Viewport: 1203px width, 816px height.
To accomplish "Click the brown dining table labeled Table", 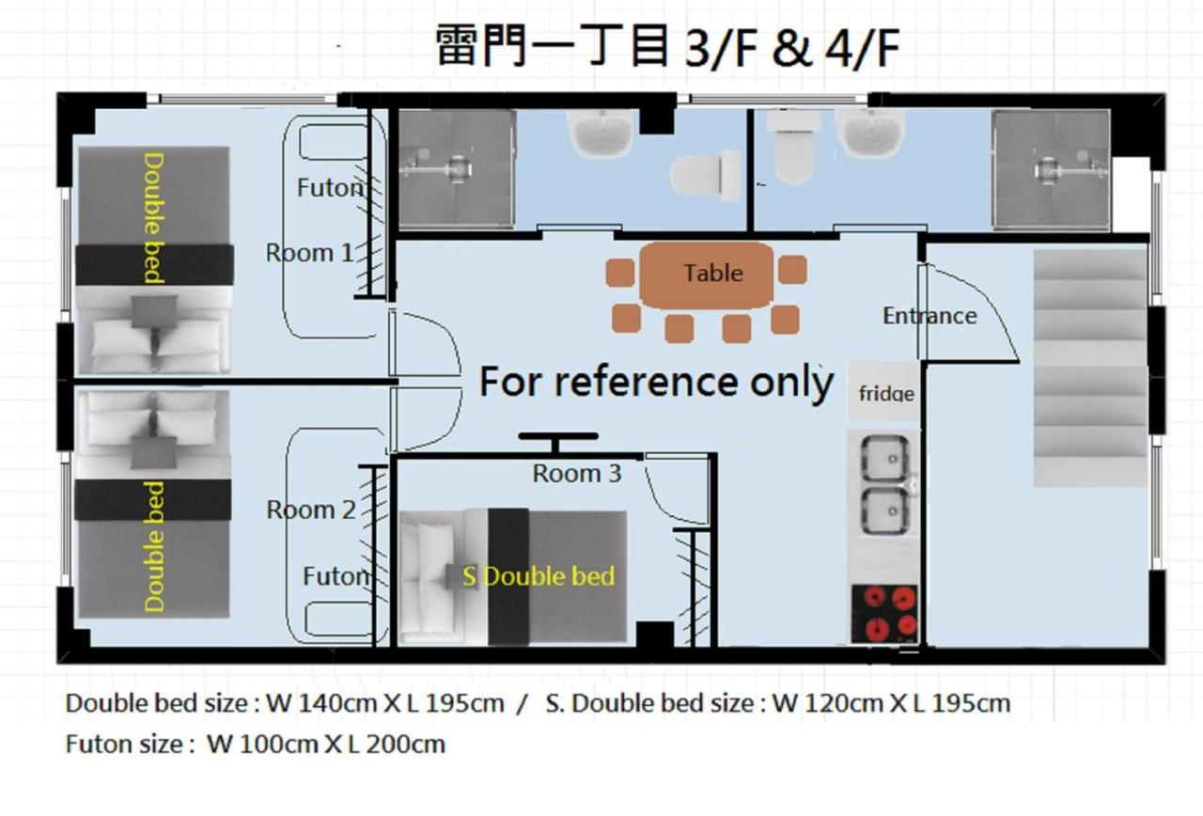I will coord(707,275).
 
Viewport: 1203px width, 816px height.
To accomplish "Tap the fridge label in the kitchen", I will coord(885,393).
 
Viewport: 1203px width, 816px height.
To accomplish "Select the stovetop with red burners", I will coord(883,613).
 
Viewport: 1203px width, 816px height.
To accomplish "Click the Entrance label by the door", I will coord(929,316).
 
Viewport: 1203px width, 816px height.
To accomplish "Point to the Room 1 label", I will coord(310,253).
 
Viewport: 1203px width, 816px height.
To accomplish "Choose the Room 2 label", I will coord(310,510).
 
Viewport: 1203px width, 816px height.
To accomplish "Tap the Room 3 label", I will coord(576,474).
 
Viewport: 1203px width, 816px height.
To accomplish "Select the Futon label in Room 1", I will coord(329,188).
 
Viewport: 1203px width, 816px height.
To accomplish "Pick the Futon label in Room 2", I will coord(335,575).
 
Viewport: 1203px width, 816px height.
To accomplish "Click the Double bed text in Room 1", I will coord(153,218).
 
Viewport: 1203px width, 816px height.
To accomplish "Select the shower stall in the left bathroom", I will coord(456,169).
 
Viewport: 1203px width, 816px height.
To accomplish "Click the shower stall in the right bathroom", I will coord(1051,169).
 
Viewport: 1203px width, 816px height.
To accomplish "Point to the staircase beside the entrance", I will coord(1090,367).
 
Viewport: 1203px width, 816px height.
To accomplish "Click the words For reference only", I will coord(656,382).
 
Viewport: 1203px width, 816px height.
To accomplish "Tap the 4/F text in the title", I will coord(862,49).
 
